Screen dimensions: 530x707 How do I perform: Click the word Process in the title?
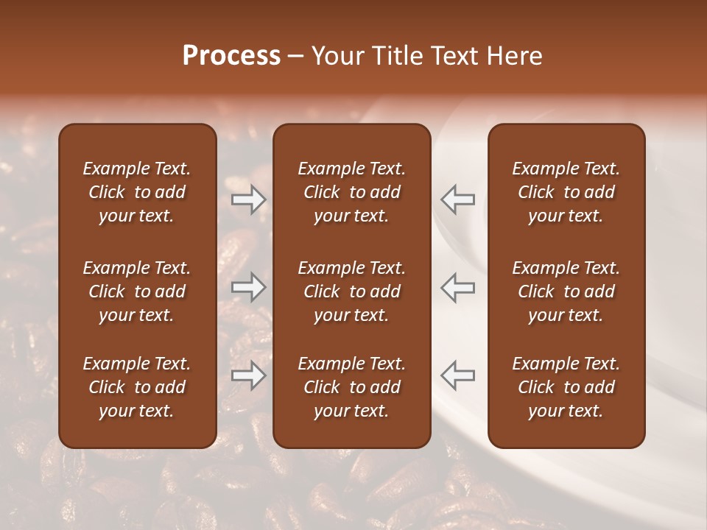[x=231, y=56]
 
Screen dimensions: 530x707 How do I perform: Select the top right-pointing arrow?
[x=249, y=199]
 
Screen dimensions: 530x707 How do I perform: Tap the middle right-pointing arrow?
[x=249, y=287]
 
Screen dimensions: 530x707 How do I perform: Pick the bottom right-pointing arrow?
[x=249, y=375]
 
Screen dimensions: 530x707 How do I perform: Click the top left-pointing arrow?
[x=457, y=199]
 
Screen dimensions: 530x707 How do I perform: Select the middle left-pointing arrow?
[x=457, y=287]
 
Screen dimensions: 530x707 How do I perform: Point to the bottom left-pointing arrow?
[x=457, y=375]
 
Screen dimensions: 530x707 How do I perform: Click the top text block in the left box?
[x=137, y=192]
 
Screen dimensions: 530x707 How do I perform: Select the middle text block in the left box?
[x=137, y=291]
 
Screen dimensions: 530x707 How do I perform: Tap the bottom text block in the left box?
[x=137, y=387]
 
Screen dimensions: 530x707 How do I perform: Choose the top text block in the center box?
[x=351, y=192]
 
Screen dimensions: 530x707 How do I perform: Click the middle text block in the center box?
[x=351, y=291]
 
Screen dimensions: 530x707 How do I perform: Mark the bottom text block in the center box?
[x=351, y=387]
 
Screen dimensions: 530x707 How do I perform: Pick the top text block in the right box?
[x=566, y=192]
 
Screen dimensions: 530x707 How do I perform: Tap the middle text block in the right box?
[x=566, y=291]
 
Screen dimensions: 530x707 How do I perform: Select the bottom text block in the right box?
[x=566, y=387]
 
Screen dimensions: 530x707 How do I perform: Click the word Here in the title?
[x=515, y=56]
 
